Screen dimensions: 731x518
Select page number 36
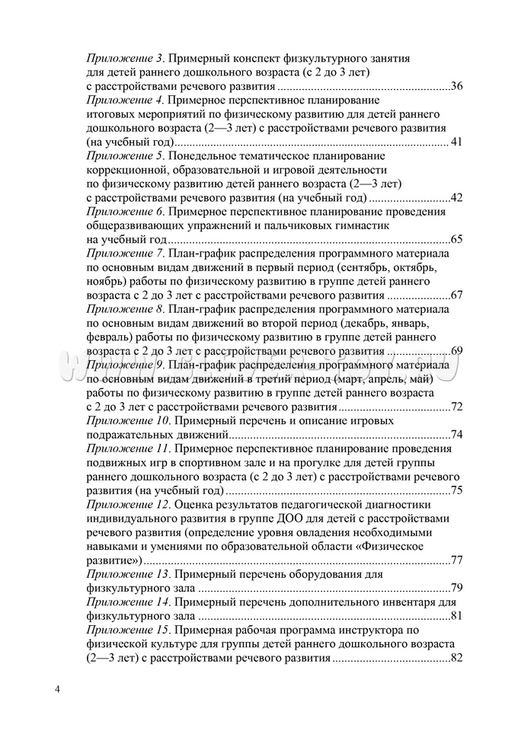click(x=457, y=85)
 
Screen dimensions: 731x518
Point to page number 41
click(x=457, y=142)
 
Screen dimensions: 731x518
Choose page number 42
click(x=457, y=198)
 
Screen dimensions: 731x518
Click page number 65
click(x=457, y=240)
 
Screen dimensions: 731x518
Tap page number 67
click(x=457, y=295)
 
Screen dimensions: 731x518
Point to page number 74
click(x=457, y=435)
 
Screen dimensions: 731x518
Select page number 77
click(x=457, y=560)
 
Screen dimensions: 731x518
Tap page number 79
click(x=457, y=588)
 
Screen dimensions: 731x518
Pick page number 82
click(x=457, y=658)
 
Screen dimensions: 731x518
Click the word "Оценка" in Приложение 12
click(x=194, y=505)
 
